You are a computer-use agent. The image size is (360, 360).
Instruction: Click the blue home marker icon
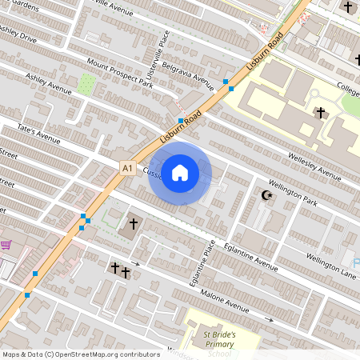(180, 173)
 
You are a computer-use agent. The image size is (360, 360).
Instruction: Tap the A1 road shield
(126, 168)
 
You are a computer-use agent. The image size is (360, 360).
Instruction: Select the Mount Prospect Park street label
(120, 72)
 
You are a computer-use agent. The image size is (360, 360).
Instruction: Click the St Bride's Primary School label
(218, 343)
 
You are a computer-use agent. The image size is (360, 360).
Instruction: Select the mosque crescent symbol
(267, 194)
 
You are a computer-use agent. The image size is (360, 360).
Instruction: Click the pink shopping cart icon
(6, 245)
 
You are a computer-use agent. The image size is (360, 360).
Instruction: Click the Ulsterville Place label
(162, 48)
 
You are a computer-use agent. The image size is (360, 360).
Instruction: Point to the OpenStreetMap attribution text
(80, 354)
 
